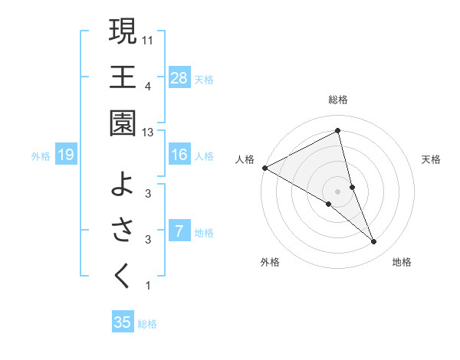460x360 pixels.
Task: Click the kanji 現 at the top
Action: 123,31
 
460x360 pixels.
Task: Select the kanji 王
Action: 123,77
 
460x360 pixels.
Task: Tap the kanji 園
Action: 123,123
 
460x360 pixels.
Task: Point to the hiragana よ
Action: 123,183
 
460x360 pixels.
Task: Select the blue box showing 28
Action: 179,77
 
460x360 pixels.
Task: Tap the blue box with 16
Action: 179,155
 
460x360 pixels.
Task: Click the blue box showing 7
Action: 179,231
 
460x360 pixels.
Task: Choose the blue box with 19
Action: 66,155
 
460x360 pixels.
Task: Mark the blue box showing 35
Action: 123,322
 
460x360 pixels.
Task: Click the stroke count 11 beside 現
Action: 148,39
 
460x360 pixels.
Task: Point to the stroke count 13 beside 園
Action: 148,133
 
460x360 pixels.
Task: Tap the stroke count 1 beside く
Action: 148,286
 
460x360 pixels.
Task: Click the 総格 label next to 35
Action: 147,324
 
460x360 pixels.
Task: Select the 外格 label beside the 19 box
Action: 41,156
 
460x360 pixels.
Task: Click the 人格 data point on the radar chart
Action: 264,168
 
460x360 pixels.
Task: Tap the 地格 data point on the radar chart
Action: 374,242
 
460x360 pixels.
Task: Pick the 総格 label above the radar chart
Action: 338,100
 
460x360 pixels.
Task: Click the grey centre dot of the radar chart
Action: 338,191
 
